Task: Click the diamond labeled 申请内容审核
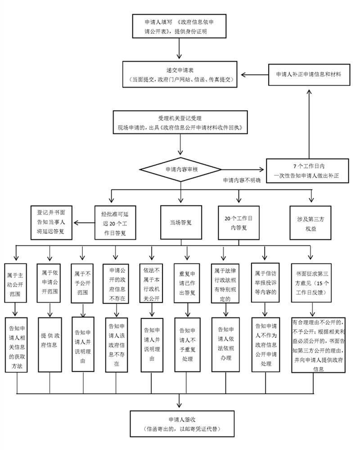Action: pyautogui.click(x=180, y=170)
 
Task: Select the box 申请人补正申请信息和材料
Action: pyautogui.click(x=308, y=75)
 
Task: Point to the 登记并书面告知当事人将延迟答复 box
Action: pyautogui.click(x=51, y=222)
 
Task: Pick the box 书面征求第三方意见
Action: pyautogui.click(x=314, y=281)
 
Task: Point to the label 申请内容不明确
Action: pyautogui.click(x=242, y=180)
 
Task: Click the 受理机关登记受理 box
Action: pyautogui.click(x=180, y=122)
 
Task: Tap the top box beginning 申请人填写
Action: pyautogui.click(x=179, y=26)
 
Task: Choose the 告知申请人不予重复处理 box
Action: pyautogui.click(x=185, y=344)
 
